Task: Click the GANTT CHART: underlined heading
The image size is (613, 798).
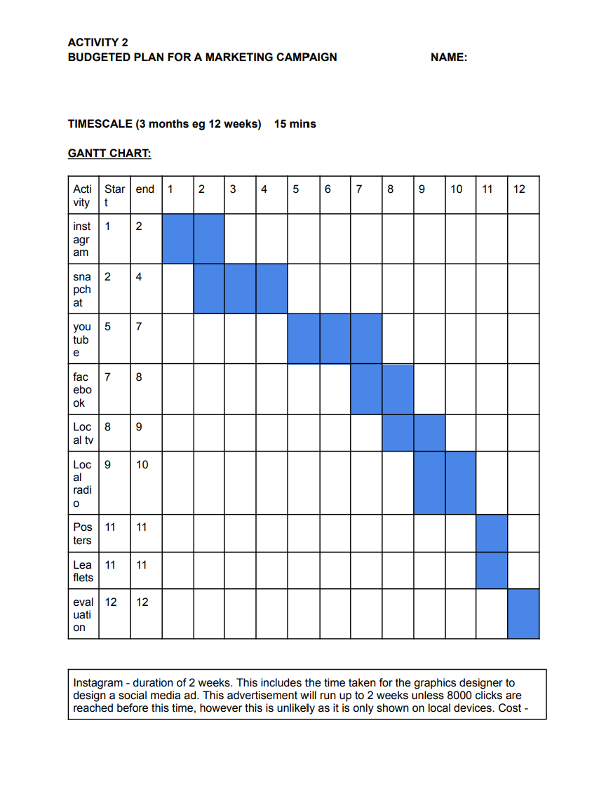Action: [x=109, y=153]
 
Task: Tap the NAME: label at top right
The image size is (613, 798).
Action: [x=449, y=58]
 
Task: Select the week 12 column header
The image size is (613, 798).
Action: [x=519, y=189]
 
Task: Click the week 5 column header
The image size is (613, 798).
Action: [x=296, y=189]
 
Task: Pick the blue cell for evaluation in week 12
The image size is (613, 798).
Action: [x=523, y=614]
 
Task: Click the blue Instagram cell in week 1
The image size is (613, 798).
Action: [x=177, y=238]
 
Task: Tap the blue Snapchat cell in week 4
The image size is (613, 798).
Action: [x=271, y=288]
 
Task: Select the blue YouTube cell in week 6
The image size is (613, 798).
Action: [x=335, y=339]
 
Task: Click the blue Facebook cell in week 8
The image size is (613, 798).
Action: [x=398, y=388]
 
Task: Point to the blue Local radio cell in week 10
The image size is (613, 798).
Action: [x=460, y=482]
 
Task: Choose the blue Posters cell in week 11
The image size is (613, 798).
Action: [x=492, y=533]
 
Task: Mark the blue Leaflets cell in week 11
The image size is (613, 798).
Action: [x=492, y=570]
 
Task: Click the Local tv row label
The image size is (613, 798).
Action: [x=83, y=433]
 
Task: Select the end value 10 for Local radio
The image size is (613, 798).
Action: [x=142, y=464]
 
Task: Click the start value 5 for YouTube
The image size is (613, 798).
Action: [x=107, y=326]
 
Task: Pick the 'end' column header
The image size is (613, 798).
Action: [x=145, y=189]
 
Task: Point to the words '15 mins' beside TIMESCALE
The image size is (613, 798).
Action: [x=295, y=124]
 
